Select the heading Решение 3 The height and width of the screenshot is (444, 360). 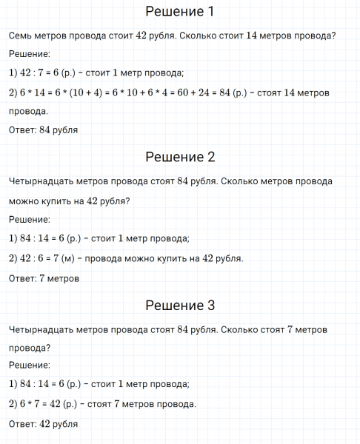point(180,305)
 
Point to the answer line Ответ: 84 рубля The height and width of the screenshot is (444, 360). point(44,130)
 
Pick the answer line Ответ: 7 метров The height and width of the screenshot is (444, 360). point(44,278)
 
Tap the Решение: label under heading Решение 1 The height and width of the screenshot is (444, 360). point(30,54)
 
